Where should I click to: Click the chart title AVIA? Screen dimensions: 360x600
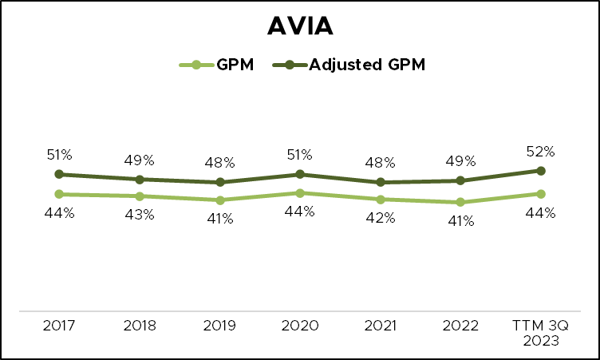(299, 26)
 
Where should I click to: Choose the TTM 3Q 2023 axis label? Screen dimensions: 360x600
(540, 332)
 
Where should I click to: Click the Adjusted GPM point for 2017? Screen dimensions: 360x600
(58, 174)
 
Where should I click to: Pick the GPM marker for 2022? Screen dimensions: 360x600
(460, 203)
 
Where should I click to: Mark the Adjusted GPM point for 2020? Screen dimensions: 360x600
(300, 174)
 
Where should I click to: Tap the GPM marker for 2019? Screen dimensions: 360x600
(219, 200)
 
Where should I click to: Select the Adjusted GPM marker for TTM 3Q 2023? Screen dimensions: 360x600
(540, 170)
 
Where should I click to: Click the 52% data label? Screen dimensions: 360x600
(540, 151)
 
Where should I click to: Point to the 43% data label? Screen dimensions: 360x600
(139, 215)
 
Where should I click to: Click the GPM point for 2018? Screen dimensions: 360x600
(139, 196)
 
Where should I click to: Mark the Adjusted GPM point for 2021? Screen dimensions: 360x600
(381, 182)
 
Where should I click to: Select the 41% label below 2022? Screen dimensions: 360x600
(460, 221)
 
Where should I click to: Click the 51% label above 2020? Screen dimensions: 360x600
(300, 154)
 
